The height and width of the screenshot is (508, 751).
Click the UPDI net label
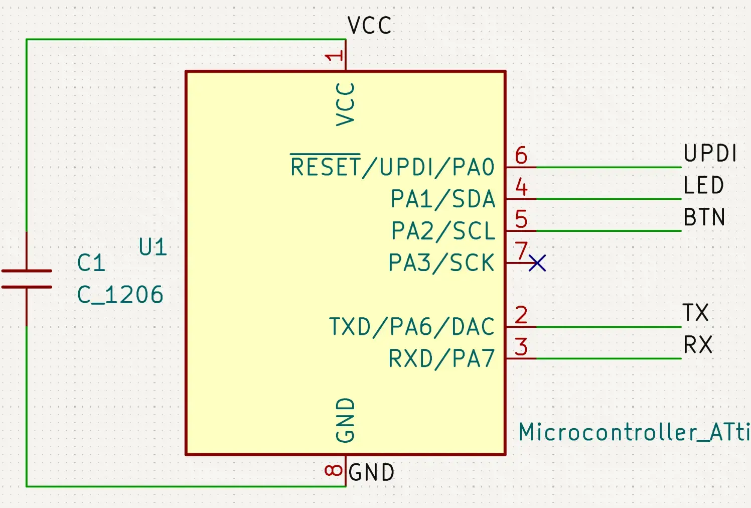pos(710,153)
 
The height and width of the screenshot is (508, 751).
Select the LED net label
pos(703,185)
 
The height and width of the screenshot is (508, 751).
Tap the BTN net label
pos(704,217)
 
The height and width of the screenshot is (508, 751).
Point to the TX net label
pos(695,313)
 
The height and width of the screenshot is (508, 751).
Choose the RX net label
pos(697,345)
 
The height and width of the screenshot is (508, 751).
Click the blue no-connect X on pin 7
pos(537,263)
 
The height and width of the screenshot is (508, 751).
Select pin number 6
pos(521,156)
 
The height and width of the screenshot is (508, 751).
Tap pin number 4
pos(521,187)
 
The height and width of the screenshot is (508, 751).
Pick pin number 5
pos(521,219)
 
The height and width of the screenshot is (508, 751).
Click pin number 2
pos(521,315)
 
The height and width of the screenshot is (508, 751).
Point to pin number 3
pos(521,347)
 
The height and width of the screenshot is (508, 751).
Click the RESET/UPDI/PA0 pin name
pos(392,167)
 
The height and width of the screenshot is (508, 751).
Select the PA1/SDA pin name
pos(442,199)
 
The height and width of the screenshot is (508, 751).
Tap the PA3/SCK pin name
pos(441,263)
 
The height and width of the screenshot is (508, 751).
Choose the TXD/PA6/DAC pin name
pos(411,327)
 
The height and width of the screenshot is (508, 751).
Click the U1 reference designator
pos(153,247)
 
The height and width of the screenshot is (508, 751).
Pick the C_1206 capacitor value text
pos(120,295)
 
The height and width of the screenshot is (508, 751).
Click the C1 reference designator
pos(91,263)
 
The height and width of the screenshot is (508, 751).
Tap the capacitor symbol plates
pos(27,279)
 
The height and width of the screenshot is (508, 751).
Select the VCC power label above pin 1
pos(369,26)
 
